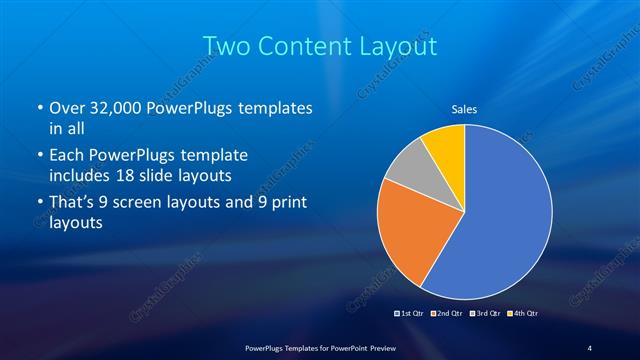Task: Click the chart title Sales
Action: [x=464, y=108]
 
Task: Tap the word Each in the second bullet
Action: [x=66, y=157]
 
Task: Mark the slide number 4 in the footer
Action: [x=590, y=347]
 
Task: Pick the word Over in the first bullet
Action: [x=66, y=108]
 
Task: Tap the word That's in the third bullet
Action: [x=73, y=205]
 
